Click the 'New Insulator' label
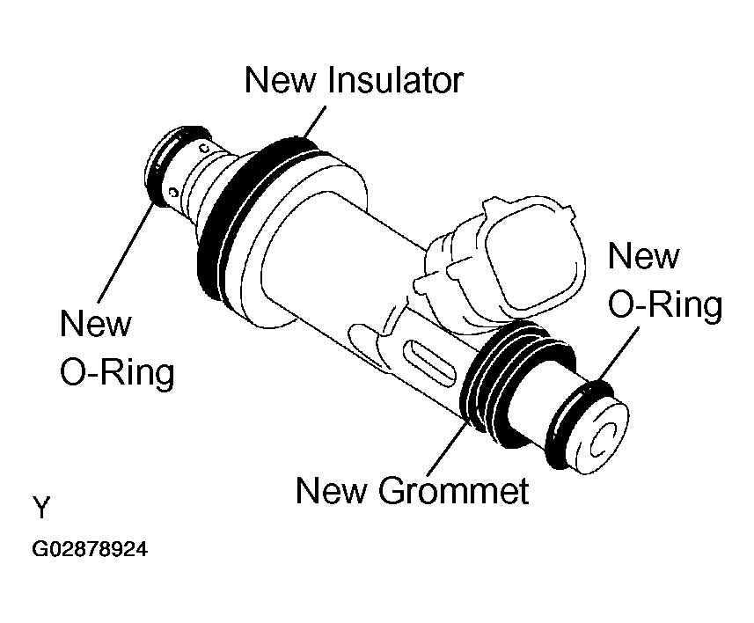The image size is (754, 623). tap(354, 80)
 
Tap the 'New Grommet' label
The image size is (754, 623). tap(412, 490)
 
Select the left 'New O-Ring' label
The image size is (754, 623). tap(117, 348)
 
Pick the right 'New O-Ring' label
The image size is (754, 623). tap(664, 281)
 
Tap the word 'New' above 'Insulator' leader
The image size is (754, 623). tap(282, 80)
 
